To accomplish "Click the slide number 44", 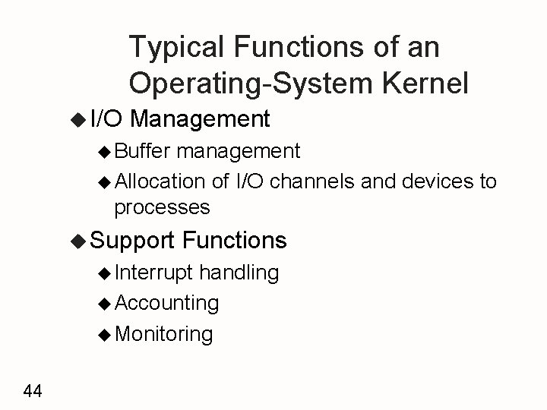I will [33, 391].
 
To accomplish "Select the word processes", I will [161, 207].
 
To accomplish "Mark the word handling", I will [241, 272].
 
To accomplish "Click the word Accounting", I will [166, 303].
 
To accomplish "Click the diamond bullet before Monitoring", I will [106, 333].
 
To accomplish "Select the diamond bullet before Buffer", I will [106, 151].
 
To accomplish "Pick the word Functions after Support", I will [235, 241].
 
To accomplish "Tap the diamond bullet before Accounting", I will [106, 303].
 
